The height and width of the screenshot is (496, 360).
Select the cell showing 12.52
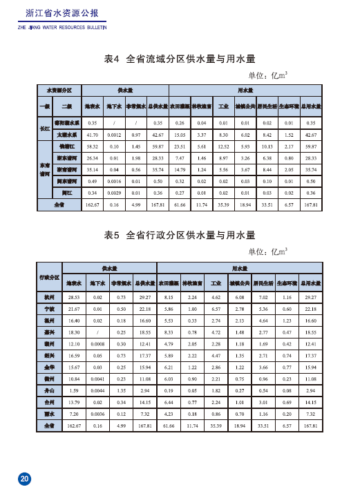223,146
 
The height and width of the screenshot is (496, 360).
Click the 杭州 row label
49,296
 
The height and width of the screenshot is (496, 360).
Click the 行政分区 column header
49,276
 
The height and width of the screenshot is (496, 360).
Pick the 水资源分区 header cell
59,90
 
